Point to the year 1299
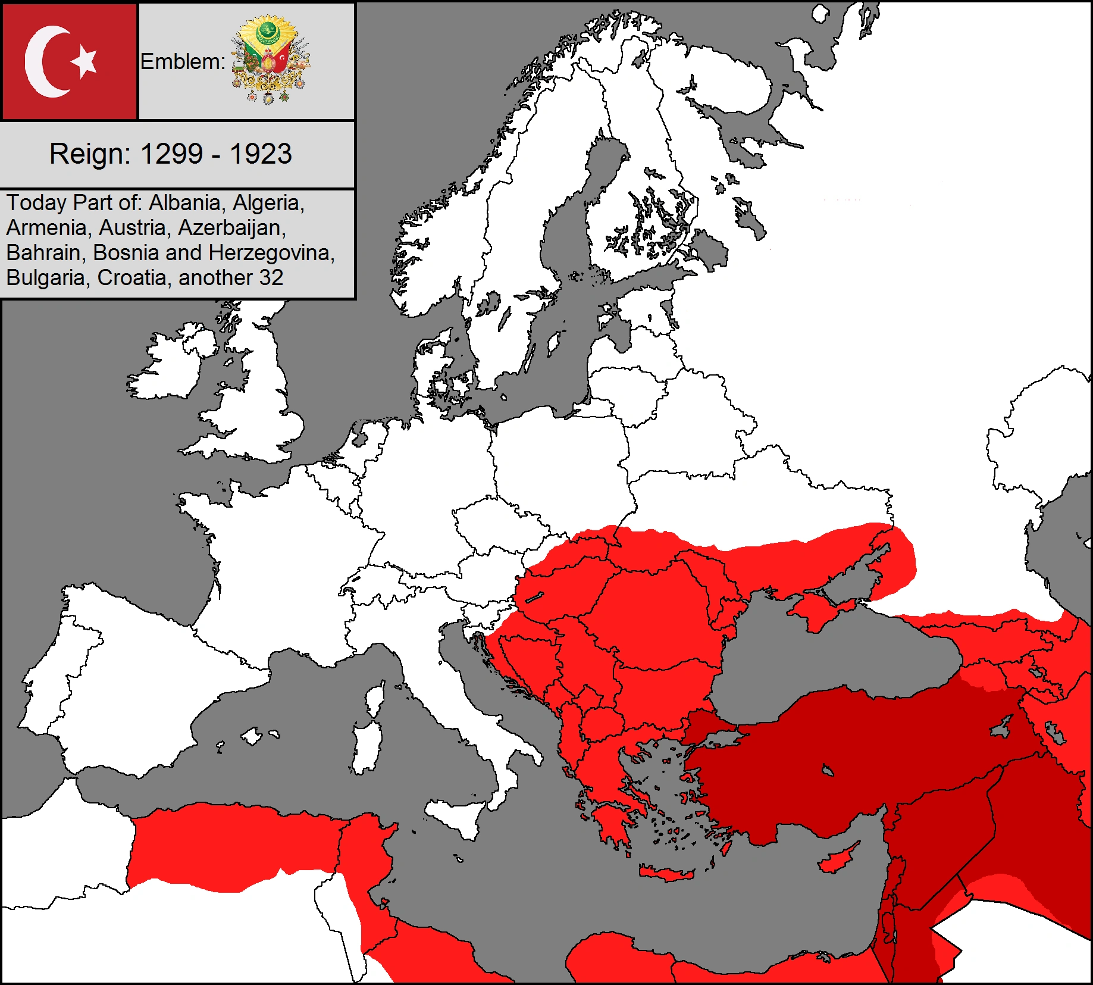coord(171,154)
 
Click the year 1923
coord(261,154)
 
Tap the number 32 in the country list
coord(271,278)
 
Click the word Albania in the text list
coord(184,203)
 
